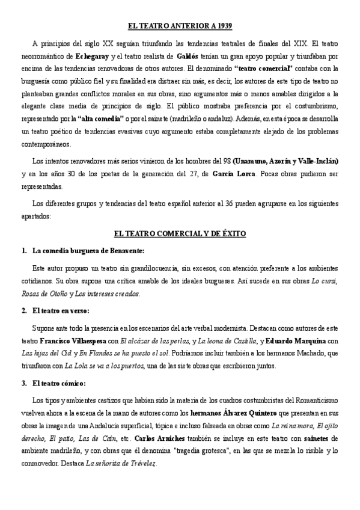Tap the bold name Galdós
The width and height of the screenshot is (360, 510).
pyautogui.click(x=189, y=56)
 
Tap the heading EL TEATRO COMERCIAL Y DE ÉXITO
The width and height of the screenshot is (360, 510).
pyautogui.click(x=180, y=233)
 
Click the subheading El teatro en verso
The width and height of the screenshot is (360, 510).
pyautogui.click(x=61, y=311)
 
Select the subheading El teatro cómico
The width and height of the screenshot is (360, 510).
pyautogui.click(x=59, y=383)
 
